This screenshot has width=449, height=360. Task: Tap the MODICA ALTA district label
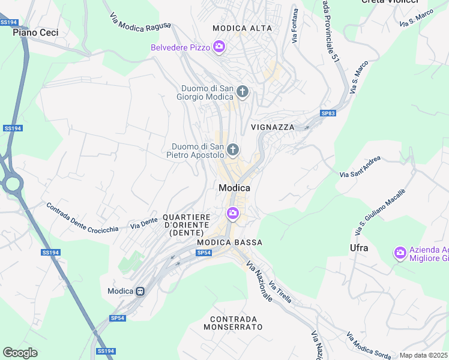point(242,28)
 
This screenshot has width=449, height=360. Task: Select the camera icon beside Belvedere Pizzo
point(219,47)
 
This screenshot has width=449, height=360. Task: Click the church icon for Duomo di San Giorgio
point(243,92)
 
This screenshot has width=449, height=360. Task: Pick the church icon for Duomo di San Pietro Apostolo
point(233,149)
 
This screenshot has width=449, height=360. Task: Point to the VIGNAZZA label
point(273,127)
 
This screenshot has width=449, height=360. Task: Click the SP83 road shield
point(328,113)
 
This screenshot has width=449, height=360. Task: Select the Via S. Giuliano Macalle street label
point(381,211)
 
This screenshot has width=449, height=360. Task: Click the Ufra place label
point(359,247)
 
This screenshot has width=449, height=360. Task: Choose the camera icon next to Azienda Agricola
point(400,253)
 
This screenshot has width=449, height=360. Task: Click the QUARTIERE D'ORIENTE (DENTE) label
point(186,224)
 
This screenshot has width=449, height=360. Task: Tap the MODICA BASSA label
point(230,242)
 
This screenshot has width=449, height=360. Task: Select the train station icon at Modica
point(140,291)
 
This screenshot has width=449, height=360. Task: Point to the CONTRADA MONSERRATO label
point(233,323)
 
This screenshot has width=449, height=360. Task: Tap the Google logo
point(20,353)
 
